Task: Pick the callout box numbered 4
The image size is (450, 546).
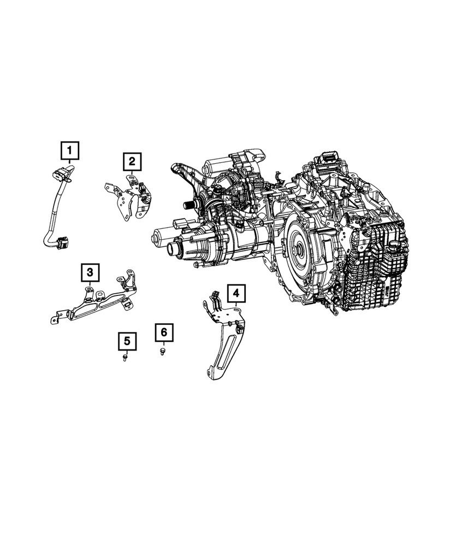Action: point(235,294)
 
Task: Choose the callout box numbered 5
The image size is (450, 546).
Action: point(126,341)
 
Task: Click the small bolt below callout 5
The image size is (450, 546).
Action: point(125,357)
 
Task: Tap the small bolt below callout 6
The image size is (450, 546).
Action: point(162,350)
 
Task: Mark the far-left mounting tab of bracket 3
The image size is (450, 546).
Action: point(55,319)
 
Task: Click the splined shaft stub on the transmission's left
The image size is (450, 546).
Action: point(191,206)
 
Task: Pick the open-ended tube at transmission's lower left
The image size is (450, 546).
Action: point(175,250)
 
